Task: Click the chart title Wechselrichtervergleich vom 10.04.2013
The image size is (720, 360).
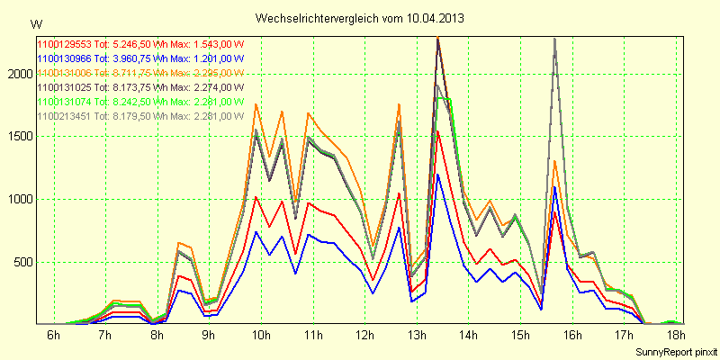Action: [x=359, y=18]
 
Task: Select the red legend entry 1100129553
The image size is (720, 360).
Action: [x=140, y=44]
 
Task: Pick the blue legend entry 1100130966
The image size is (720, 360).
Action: [x=140, y=58]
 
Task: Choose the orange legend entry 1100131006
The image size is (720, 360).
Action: [x=140, y=73]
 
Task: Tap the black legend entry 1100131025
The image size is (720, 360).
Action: [x=140, y=87]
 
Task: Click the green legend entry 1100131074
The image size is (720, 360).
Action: [x=140, y=102]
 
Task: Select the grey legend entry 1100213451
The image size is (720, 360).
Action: [x=140, y=116]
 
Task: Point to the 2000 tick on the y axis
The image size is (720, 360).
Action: [x=18, y=74]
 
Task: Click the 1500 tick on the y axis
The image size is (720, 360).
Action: [x=18, y=137]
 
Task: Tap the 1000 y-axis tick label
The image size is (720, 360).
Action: [x=18, y=200]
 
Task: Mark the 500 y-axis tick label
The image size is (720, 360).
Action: [x=21, y=263]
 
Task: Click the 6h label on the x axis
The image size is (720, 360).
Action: [x=53, y=336]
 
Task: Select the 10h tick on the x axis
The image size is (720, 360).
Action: [x=262, y=336]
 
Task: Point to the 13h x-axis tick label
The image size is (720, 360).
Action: [x=417, y=336]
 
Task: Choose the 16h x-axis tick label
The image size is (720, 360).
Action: [x=572, y=336]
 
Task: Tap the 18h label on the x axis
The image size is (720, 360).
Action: [x=676, y=336]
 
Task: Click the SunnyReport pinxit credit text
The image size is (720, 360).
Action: [x=675, y=351]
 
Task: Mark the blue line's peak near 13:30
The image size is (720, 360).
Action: [x=437, y=174]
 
